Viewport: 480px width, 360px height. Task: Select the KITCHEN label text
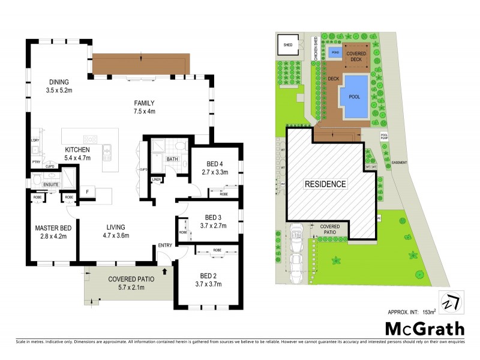pyautogui.click(x=77, y=149)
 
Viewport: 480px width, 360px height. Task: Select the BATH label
pyautogui.click(x=172, y=159)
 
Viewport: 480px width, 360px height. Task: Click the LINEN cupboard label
pyautogui.click(x=157, y=179)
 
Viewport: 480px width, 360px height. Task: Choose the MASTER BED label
pyautogui.click(x=53, y=228)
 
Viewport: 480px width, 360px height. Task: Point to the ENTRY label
pyautogui.click(x=164, y=245)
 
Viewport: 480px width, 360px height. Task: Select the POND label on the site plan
pyautogui.click(x=334, y=53)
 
